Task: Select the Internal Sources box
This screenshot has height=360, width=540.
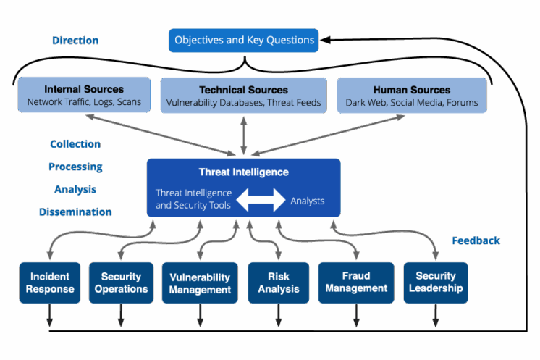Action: tap(84, 96)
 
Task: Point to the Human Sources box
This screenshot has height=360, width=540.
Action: tap(411, 96)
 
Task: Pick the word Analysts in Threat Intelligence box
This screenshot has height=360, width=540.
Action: tap(308, 201)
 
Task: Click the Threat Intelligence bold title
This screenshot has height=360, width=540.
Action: tap(243, 172)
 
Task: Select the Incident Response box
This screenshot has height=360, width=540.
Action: tap(50, 282)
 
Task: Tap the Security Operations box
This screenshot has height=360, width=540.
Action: tap(120, 282)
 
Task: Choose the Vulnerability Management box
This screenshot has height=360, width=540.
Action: tap(200, 283)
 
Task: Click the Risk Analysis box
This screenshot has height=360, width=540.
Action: tap(278, 282)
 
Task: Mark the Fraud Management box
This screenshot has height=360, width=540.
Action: tap(356, 282)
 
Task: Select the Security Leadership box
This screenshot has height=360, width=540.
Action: tap(435, 282)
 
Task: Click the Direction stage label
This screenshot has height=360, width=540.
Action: tap(75, 41)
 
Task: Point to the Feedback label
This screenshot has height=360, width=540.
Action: tap(476, 240)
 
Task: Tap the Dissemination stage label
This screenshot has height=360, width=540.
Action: tap(75, 212)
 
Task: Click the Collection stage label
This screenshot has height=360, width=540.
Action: tap(75, 144)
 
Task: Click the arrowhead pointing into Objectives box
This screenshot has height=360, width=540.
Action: tap(326, 40)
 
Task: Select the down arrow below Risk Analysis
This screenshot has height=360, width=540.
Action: tap(278, 319)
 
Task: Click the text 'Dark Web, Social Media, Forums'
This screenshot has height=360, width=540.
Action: tap(411, 102)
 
